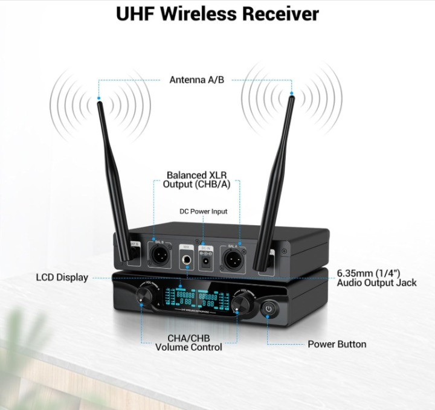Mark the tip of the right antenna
(x=291, y=95)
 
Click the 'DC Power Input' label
(x=204, y=211)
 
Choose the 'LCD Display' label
(x=62, y=278)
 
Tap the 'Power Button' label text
(x=337, y=344)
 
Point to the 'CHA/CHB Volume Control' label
(x=188, y=342)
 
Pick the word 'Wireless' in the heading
(x=202, y=13)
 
